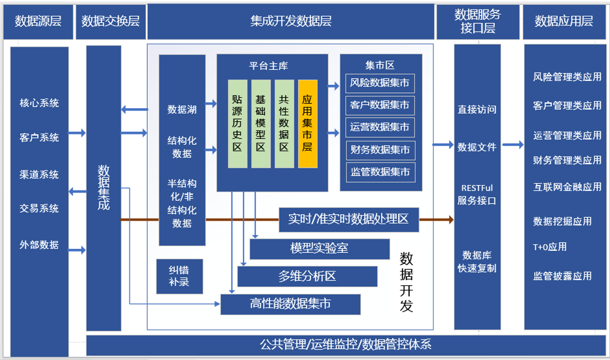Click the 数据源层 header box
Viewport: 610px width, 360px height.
click(38, 21)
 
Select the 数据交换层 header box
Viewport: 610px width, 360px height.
click(111, 21)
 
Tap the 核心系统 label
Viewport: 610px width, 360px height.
click(39, 103)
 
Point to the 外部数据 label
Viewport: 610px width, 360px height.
click(39, 245)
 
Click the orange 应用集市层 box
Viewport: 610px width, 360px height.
click(307, 124)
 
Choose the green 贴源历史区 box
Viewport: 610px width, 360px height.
click(237, 124)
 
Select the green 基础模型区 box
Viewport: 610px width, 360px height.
click(261, 124)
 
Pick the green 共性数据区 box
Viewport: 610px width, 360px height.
click(284, 124)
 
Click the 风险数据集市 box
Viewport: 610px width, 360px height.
click(380, 83)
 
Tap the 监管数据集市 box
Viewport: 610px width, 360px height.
click(380, 172)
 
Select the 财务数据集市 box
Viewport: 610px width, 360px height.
click(380, 150)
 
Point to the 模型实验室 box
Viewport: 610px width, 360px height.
click(319, 249)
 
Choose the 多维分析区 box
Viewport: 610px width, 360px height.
click(307, 276)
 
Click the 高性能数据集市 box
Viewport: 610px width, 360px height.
click(290, 304)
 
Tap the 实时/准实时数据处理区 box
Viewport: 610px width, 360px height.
click(348, 219)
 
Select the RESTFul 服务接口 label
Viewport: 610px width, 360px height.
click(477, 194)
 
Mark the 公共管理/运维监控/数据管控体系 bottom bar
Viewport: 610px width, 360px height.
click(345, 345)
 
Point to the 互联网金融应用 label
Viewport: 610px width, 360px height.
click(567, 187)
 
